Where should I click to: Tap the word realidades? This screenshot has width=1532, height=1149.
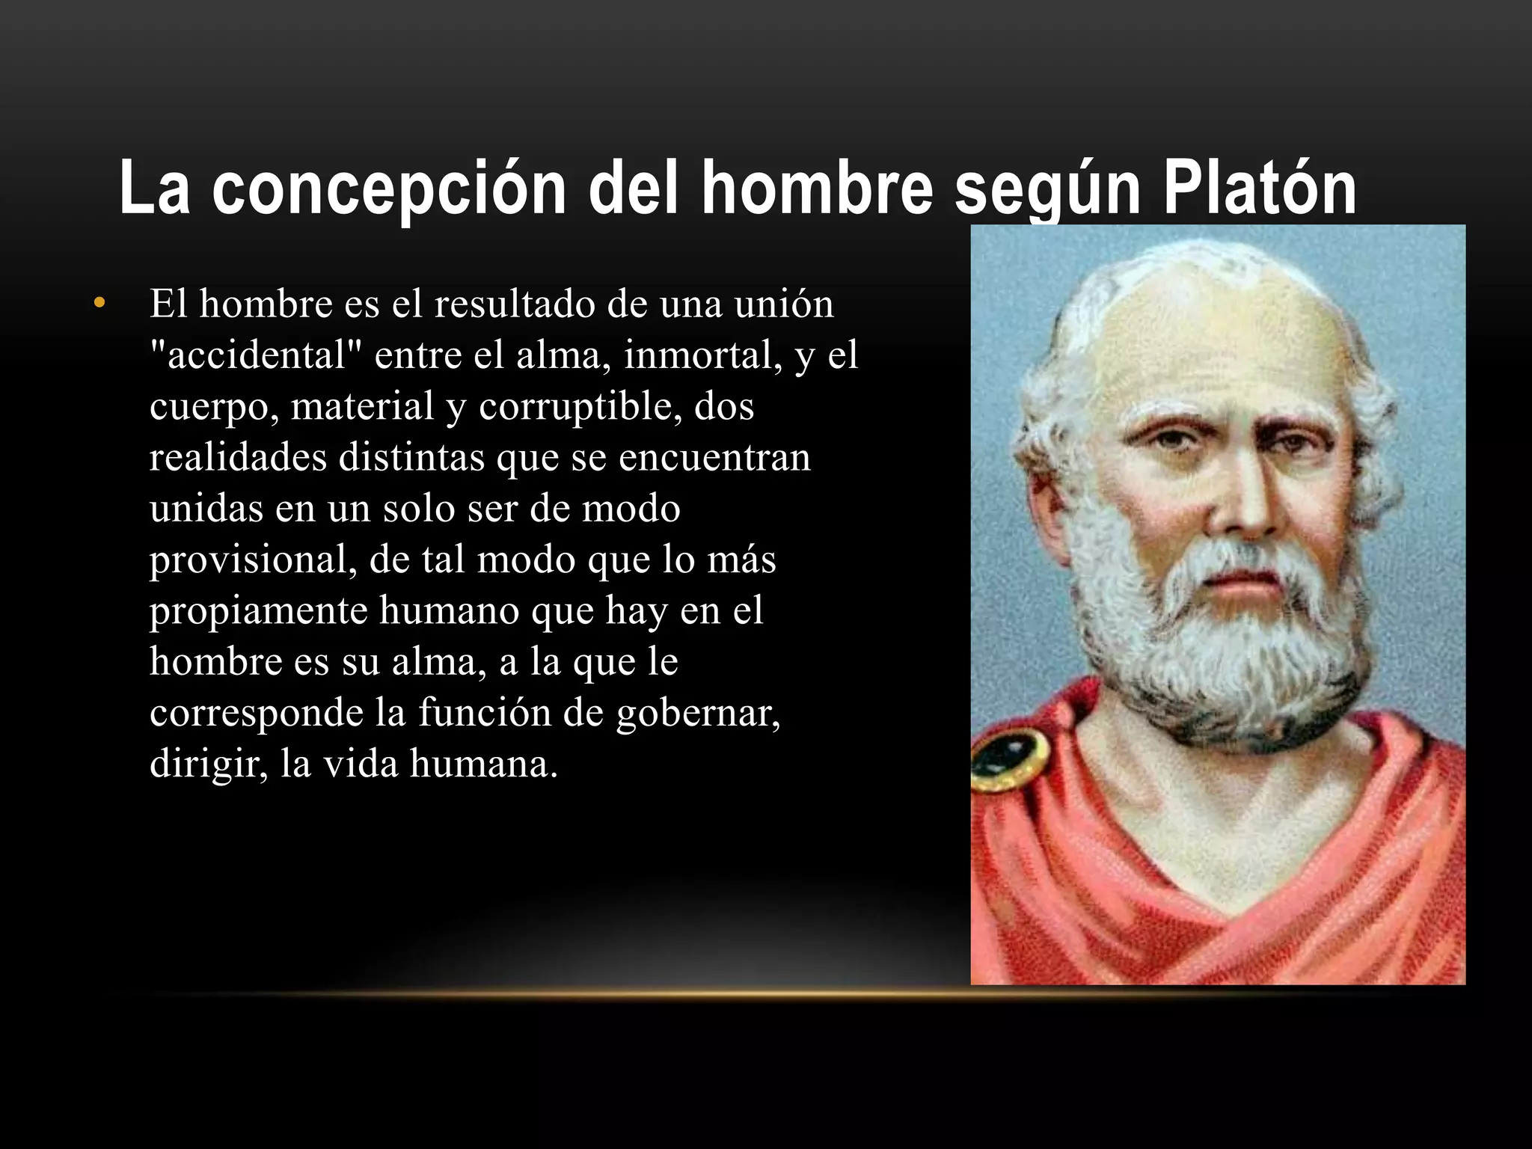coord(239,457)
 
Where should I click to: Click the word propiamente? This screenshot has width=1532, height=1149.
coord(259,610)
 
